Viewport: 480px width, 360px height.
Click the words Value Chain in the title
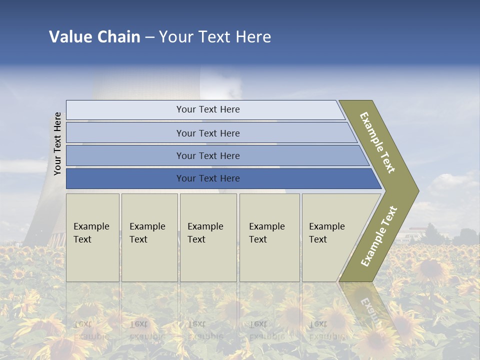coord(94,37)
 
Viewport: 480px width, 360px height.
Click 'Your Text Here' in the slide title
coord(215,37)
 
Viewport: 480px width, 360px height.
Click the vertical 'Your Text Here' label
coord(57,143)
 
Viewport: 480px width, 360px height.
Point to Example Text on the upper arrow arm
coord(377,142)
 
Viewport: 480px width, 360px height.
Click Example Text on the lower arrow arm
coord(378,236)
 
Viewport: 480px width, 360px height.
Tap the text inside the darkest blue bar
coord(208,178)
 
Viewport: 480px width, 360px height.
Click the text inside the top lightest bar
coord(208,109)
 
